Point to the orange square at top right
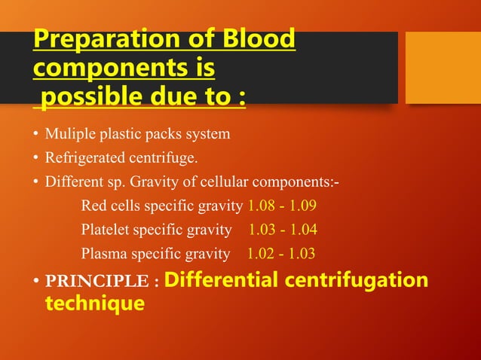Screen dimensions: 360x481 coord(443,69)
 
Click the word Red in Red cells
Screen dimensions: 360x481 coord(93,206)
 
